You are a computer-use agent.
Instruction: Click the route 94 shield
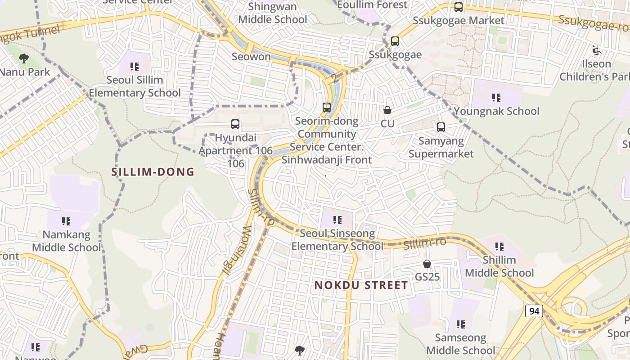click(534, 311)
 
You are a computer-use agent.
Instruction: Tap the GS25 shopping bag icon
click(427, 264)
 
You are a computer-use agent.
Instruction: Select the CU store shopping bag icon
click(387, 110)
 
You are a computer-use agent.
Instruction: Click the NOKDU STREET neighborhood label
click(361, 285)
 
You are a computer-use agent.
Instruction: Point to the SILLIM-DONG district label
click(153, 172)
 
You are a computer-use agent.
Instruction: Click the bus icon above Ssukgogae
click(395, 41)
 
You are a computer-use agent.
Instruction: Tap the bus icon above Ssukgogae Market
click(459, 7)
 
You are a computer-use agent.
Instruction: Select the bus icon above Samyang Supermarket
click(441, 127)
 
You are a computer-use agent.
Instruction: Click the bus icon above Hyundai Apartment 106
click(235, 124)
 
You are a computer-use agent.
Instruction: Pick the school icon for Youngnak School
click(496, 98)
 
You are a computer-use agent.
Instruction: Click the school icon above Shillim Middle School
click(499, 247)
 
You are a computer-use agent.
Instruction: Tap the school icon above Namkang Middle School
click(66, 221)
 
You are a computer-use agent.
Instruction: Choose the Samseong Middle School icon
click(460, 324)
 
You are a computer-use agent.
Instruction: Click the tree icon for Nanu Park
click(24, 58)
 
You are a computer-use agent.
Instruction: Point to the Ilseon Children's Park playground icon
click(597, 51)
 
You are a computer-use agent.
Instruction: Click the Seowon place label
click(251, 57)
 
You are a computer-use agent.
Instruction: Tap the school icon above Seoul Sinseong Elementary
click(337, 220)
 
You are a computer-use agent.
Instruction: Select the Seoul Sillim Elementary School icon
click(134, 67)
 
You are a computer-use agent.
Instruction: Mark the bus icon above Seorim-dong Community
click(327, 108)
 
